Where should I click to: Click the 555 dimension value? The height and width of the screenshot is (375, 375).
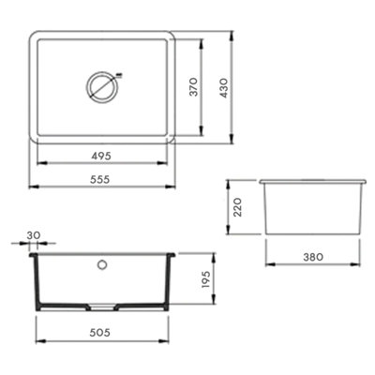pyautogui.click(x=105, y=176)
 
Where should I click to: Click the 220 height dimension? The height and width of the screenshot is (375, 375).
pyautogui.click(x=238, y=203)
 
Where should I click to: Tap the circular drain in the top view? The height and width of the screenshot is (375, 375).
pyautogui.click(x=101, y=88)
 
